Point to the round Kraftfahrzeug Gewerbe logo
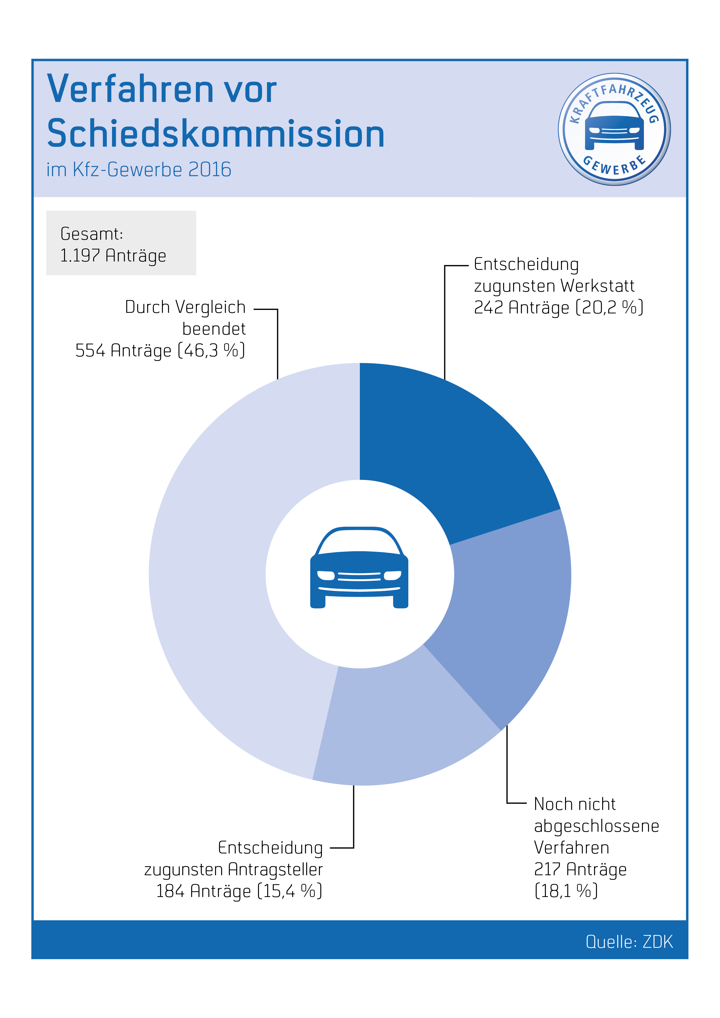tap(614, 129)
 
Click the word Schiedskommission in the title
tap(216, 134)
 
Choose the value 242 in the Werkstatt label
tap(488, 308)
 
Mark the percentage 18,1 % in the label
tap(566, 891)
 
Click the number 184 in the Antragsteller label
tap(170, 891)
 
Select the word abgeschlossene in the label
tap(596, 826)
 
